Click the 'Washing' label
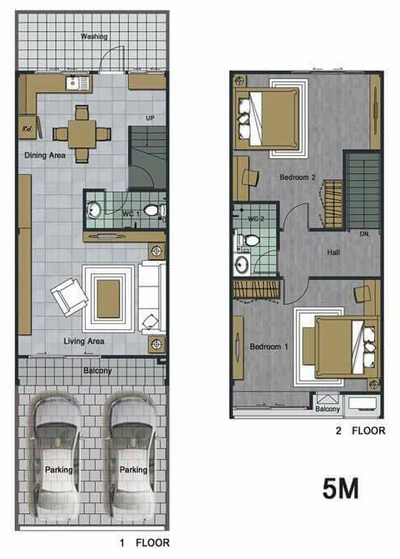click(94, 37)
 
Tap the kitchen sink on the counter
click(77, 83)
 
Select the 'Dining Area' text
click(45, 155)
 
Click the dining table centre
click(81, 134)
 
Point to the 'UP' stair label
click(151, 117)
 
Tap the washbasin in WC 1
click(93, 210)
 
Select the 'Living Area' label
click(84, 342)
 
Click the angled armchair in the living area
click(69, 297)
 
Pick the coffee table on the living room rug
click(108, 299)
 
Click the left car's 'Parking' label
click(59, 470)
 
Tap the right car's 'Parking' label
click(133, 470)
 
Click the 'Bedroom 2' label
click(298, 177)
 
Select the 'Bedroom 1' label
click(269, 347)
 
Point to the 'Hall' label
click(333, 252)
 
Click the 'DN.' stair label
click(365, 234)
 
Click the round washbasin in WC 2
click(242, 264)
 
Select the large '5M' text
click(341, 488)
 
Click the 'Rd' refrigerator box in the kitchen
click(27, 127)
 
